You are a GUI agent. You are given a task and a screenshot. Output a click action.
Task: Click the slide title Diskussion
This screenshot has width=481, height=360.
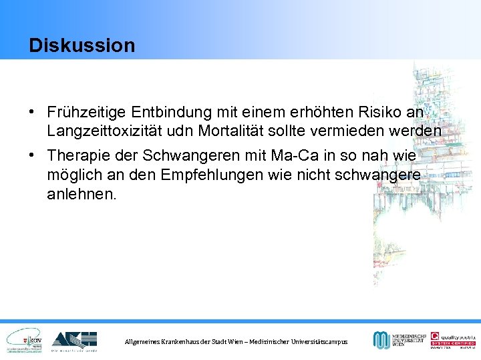pos(82,45)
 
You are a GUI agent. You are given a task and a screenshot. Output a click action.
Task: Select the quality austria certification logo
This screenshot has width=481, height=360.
pos(452,340)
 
